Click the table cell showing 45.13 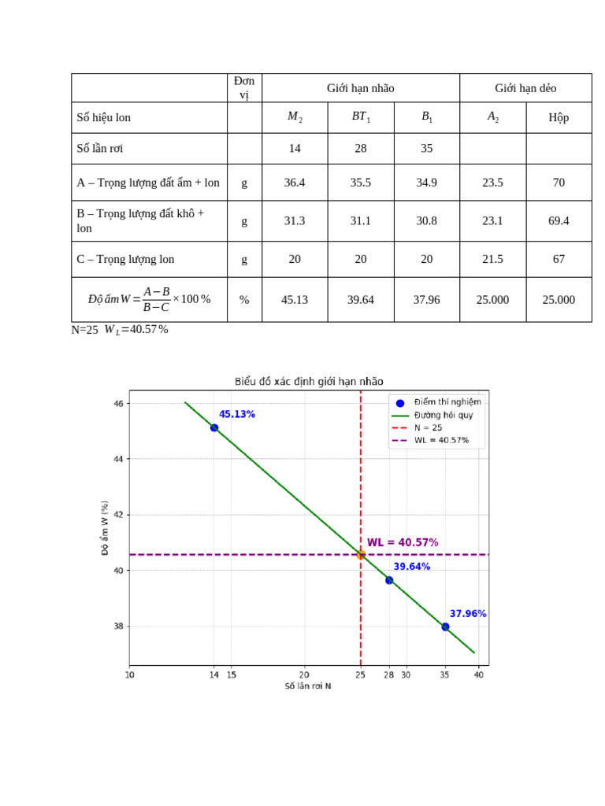click(295, 300)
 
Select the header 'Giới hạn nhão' click(361, 88)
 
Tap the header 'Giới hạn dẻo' click(525, 88)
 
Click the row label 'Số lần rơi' click(100, 149)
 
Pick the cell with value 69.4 click(559, 221)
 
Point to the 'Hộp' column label click(559, 118)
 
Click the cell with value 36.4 click(295, 183)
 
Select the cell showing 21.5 click(492, 259)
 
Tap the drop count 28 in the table click(361, 149)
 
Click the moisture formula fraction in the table click(157, 299)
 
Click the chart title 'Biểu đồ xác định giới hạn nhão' click(309, 382)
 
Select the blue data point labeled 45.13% click(214, 427)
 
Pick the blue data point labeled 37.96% click(446, 627)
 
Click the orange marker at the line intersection click(361, 555)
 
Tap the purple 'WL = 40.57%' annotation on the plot click(403, 542)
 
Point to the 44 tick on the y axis click(118, 459)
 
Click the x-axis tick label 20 click(304, 675)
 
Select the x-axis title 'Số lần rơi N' click(308, 686)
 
